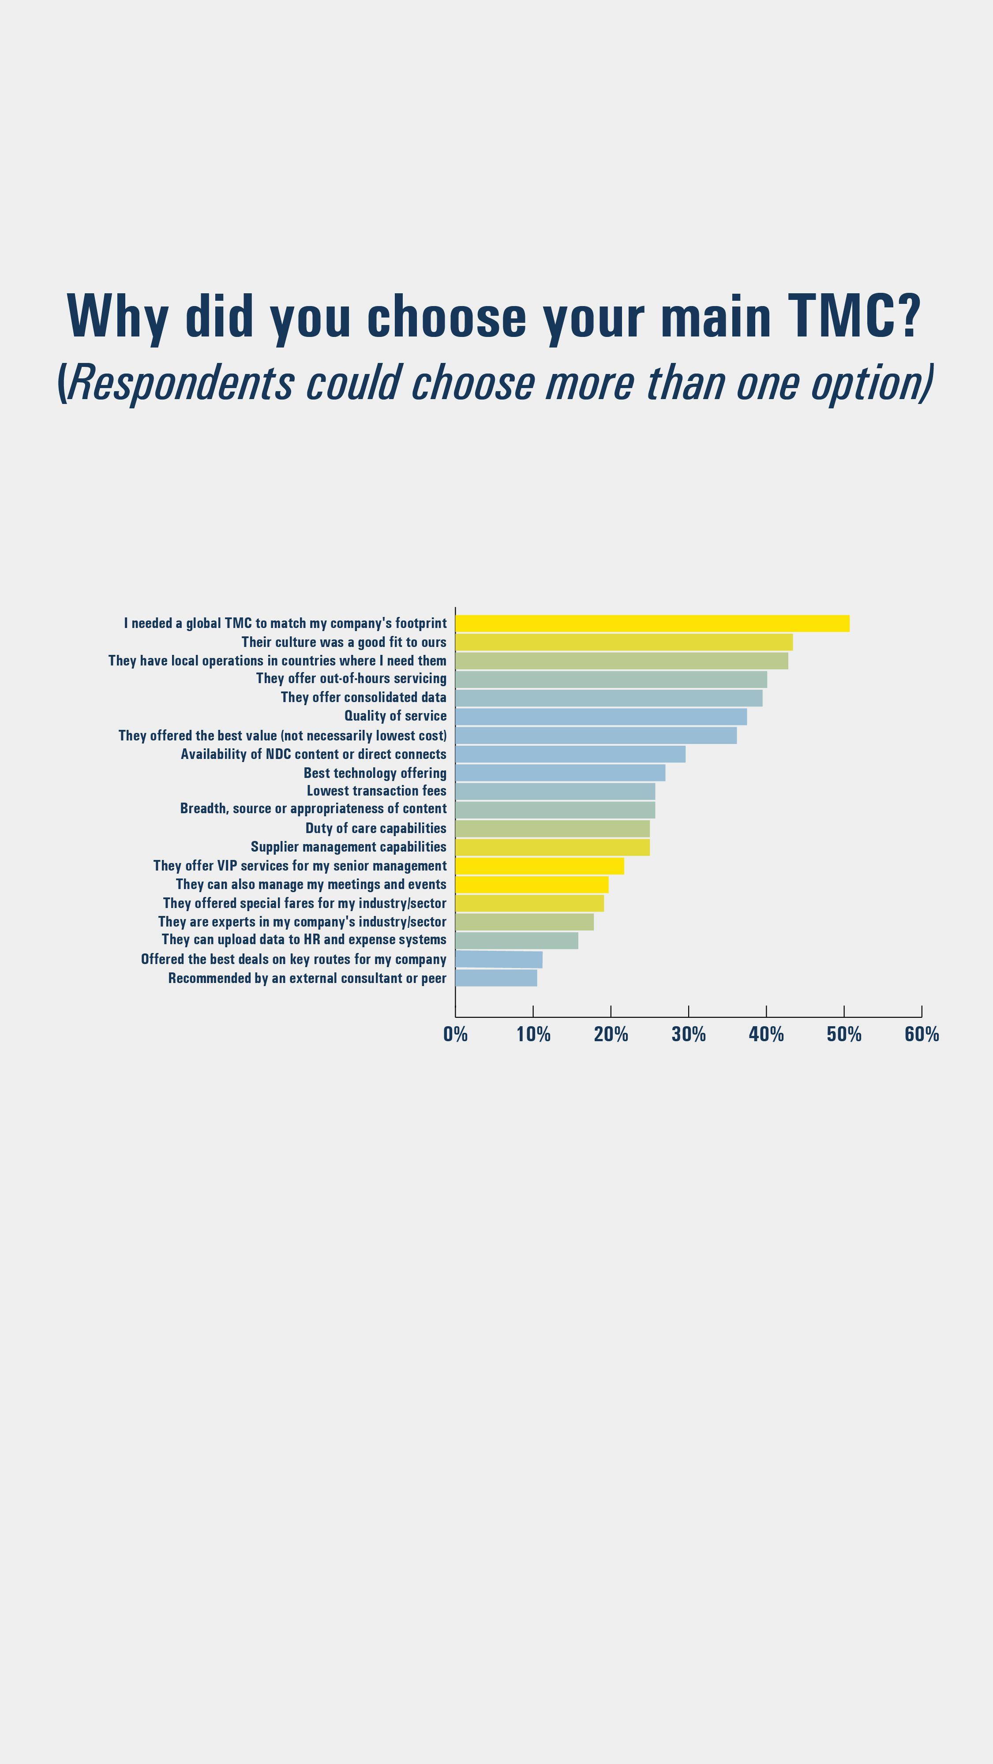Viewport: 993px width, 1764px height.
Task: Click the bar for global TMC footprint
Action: pos(652,623)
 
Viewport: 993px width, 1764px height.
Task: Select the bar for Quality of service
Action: pos(600,716)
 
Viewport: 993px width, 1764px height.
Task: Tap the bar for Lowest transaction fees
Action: pos(555,791)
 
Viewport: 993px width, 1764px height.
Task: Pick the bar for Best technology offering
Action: pos(559,773)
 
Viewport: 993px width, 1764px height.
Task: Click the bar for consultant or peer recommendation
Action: pos(496,978)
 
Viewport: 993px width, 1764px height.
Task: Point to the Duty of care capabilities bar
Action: pos(552,829)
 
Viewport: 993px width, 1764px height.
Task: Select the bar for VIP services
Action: pos(539,866)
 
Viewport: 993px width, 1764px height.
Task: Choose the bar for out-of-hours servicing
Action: pos(611,679)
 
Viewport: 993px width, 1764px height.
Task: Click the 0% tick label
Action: pos(455,1034)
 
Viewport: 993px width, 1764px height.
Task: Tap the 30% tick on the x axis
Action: pos(688,1034)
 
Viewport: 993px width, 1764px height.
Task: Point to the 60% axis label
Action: pos(921,1034)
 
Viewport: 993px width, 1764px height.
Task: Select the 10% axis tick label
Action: pos(533,1034)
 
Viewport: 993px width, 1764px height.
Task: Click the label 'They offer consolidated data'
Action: pos(363,697)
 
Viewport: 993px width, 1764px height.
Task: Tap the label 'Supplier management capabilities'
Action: pos(348,847)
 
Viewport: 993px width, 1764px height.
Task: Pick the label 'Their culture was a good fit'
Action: pos(343,642)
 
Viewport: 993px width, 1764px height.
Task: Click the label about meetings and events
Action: pos(311,884)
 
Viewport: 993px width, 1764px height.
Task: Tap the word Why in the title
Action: pos(117,316)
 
